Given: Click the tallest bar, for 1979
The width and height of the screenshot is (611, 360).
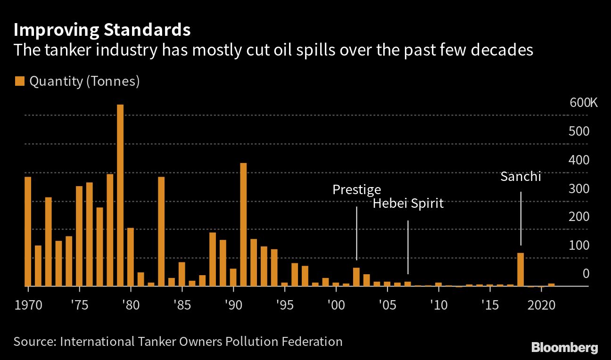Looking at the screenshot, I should pyautogui.click(x=120, y=195).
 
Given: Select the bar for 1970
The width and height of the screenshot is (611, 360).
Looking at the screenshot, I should pyautogui.click(x=28, y=231).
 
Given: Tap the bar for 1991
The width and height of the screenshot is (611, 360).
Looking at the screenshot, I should pyautogui.click(x=243, y=224).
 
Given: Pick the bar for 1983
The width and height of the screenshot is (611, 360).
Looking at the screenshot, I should pyautogui.click(x=161, y=231).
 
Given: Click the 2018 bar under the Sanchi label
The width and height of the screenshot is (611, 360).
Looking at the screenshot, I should pyautogui.click(x=520, y=270).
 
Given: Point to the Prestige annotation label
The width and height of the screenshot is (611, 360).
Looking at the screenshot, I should pyautogui.click(x=356, y=189).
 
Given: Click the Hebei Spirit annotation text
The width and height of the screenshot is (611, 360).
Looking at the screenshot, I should pyautogui.click(x=408, y=204).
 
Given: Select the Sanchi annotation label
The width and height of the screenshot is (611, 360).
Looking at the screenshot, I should pyautogui.click(x=520, y=177).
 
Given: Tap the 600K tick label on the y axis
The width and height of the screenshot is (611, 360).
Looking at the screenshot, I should pyautogui.click(x=583, y=103).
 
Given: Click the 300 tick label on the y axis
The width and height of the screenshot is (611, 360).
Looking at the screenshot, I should pyautogui.click(x=579, y=188).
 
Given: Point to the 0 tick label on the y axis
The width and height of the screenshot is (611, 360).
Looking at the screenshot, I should pyautogui.click(x=586, y=274).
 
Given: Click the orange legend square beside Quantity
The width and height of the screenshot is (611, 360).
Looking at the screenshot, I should pyautogui.click(x=19, y=82).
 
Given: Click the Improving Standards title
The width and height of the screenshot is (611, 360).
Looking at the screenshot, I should pyautogui.click(x=102, y=30).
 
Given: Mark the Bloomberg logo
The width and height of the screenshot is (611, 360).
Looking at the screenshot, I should pyautogui.click(x=564, y=348).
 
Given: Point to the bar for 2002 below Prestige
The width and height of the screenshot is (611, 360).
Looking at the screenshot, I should pyautogui.click(x=356, y=277).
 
